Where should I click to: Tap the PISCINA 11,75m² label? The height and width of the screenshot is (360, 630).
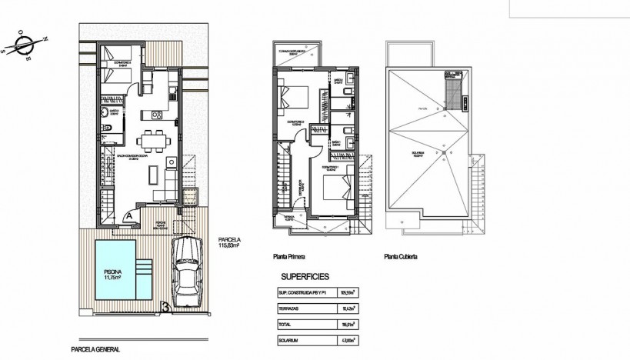pos(112,275)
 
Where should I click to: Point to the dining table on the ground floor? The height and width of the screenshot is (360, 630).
pos(150,141)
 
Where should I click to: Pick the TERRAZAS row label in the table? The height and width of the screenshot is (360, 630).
pos(290,308)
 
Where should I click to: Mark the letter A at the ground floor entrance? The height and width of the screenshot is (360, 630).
pos(125,215)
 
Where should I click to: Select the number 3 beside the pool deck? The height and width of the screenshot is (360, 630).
pos(165,309)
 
